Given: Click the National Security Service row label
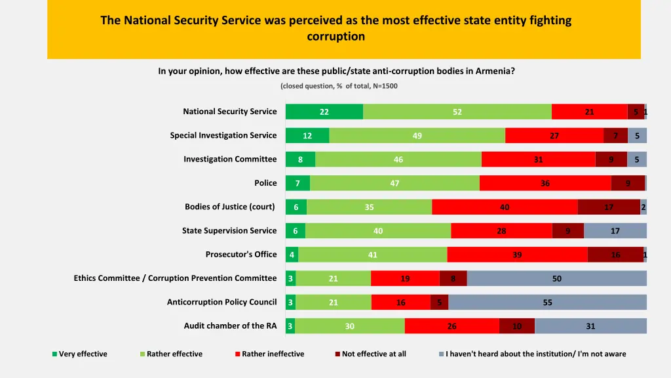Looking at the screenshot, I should [229, 112].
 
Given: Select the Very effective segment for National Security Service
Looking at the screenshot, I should [324, 112].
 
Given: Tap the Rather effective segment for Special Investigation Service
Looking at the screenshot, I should [417, 136].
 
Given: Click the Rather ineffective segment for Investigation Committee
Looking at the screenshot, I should [538, 159].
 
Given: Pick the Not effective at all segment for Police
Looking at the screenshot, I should [628, 183].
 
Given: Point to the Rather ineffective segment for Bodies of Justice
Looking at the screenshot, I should [505, 207].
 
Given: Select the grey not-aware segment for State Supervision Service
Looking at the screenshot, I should [615, 231].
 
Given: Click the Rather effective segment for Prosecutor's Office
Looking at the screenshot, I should [373, 255].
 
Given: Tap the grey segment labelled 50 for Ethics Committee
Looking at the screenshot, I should [556, 278].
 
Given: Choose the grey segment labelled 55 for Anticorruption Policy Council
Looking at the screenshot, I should [547, 303].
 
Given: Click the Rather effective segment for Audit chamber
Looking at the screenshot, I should [349, 326].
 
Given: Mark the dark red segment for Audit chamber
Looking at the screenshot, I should [517, 326].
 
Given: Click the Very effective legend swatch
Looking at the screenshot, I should [55, 354].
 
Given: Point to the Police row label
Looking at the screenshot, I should [265, 183].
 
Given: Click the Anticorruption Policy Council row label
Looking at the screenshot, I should [221, 303].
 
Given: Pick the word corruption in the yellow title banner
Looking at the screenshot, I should [335, 37].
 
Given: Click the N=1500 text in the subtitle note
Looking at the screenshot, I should [385, 86].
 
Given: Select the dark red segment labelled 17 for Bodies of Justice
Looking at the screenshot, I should [609, 207].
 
